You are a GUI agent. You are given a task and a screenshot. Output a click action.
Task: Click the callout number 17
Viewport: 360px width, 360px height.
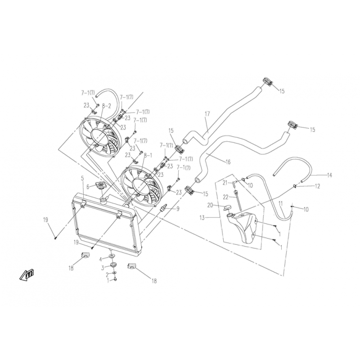pos(207,114)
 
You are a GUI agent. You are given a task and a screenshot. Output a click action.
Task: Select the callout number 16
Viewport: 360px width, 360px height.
pos(228,162)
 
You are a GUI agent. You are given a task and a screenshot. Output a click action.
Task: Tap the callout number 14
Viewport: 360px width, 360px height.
pos(329,175)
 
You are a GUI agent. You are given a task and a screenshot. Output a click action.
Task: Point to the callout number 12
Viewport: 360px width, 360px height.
pos(317,186)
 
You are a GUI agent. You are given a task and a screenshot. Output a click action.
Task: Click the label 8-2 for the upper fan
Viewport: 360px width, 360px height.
pos(107,106)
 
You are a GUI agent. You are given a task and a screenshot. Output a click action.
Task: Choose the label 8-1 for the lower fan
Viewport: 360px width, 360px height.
pos(148,156)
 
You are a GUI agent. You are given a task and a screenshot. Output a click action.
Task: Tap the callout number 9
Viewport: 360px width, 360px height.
pos(178,209)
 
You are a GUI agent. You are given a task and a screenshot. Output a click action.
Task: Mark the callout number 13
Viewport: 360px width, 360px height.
pos(202,217)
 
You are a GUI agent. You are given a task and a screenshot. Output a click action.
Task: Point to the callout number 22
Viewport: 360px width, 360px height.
pos(226,197)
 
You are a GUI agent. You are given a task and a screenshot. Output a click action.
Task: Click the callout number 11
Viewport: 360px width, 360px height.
pos(280,203)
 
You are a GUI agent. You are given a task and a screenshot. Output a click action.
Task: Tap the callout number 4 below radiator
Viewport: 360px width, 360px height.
pos(100,260)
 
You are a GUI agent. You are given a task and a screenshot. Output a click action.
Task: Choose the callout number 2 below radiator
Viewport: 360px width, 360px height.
pos(107,274)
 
